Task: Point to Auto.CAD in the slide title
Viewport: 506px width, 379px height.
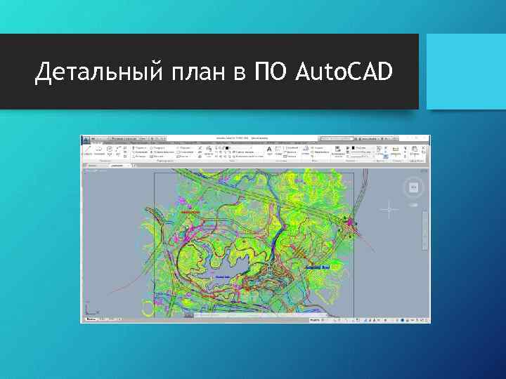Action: (x=344, y=72)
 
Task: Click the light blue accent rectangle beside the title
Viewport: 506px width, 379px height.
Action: (x=466, y=72)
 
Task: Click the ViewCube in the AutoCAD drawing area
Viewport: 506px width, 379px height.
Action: (x=413, y=187)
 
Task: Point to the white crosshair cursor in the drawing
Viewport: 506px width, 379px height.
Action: (x=389, y=208)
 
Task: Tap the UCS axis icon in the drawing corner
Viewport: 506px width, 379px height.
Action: (x=89, y=309)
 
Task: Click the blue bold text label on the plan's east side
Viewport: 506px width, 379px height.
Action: (x=318, y=267)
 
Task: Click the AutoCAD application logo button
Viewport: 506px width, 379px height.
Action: (x=86, y=140)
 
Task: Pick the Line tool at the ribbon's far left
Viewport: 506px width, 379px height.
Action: (x=88, y=150)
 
